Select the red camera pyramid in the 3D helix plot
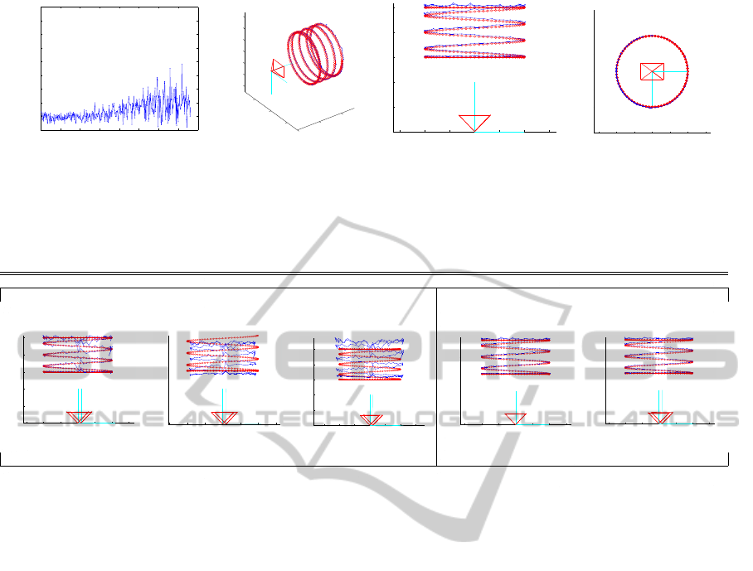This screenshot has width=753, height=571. click(278, 68)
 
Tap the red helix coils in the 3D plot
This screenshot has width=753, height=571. click(315, 54)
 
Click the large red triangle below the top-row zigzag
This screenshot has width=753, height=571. click(474, 123)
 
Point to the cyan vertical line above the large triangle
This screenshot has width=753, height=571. click(474, 99)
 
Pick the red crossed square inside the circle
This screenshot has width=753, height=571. click(652, 71)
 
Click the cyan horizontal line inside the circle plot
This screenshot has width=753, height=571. click(670, 71)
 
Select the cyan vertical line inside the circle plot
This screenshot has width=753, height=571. click(652, 90)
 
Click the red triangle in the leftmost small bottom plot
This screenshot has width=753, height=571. click(80, 417)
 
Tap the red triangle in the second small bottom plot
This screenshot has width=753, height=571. click(224, 418)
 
